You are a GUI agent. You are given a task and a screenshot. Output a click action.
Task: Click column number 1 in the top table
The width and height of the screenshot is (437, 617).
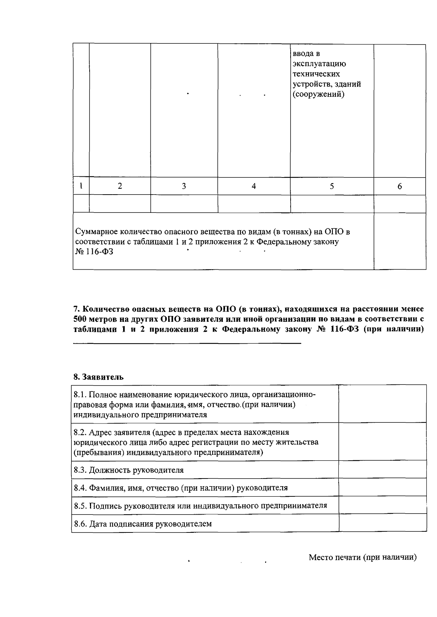click(81, 186)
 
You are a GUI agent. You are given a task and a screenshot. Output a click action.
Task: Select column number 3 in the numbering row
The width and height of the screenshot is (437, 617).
click(184, 186)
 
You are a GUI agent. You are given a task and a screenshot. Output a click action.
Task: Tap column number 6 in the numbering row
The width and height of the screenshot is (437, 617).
click(399, 186)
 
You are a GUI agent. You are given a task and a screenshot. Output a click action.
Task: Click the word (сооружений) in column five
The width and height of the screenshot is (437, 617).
click(318, 94)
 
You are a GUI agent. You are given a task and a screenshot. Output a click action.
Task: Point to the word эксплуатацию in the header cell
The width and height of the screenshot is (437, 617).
click(319, 64)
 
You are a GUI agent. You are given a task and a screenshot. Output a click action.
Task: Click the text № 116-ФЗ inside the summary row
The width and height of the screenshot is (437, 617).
click(94, 252)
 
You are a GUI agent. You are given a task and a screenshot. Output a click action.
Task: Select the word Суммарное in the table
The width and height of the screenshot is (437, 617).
click(95, 231)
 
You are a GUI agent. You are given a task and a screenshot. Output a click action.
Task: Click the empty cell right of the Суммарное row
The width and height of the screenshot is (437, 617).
click(399, 241)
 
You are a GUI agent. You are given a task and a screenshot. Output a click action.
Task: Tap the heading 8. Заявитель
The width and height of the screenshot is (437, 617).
click(98, 377)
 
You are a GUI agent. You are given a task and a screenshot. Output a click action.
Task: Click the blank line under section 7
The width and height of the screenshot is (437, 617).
click(187, 343)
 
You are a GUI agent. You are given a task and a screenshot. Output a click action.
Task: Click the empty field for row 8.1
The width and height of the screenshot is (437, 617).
click(382, 404)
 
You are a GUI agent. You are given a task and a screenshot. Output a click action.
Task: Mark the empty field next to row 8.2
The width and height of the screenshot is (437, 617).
click(382, 442)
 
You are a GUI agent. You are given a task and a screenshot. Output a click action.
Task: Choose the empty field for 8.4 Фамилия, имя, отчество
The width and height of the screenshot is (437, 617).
click(382, 487)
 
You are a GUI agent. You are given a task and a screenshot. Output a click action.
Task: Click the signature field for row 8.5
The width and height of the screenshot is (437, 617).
click(382, 505)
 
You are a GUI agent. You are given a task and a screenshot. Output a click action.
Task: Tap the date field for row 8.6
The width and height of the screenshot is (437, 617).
click(382, 523)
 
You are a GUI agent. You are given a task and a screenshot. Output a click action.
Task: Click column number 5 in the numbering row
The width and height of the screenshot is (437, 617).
click(332, 186)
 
